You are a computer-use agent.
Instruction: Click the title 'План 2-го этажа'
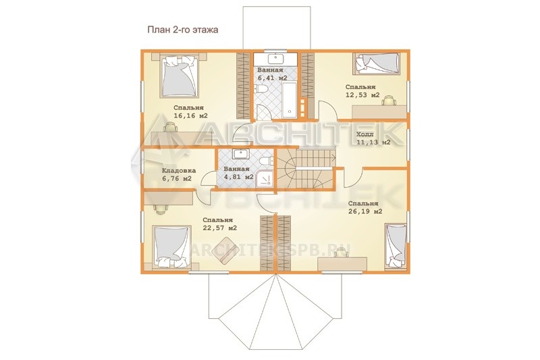(x=183, y=30)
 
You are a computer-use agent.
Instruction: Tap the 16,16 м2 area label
(x=190, y=115)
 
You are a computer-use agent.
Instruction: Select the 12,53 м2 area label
(x=362, y=95)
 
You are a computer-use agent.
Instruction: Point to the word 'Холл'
(x=364, y=134)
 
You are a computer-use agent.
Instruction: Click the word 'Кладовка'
(x=179, y=170)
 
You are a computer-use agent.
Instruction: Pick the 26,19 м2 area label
(x=365, y=211)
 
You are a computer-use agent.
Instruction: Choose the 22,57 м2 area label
(x=220, y=228)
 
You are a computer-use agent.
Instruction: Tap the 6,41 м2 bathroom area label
(x=273, y=78)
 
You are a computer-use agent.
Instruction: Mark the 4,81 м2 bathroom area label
(x=239, y=177)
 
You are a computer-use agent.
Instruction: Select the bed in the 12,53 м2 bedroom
(x=377, y=63)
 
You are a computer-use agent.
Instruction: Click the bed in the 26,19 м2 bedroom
(x=396, y=245)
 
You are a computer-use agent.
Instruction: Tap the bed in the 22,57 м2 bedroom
(x=171, y=247)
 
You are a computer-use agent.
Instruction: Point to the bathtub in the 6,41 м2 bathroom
(x=290, y=99)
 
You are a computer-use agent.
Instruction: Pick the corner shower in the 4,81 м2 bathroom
(x=265, y=179)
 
